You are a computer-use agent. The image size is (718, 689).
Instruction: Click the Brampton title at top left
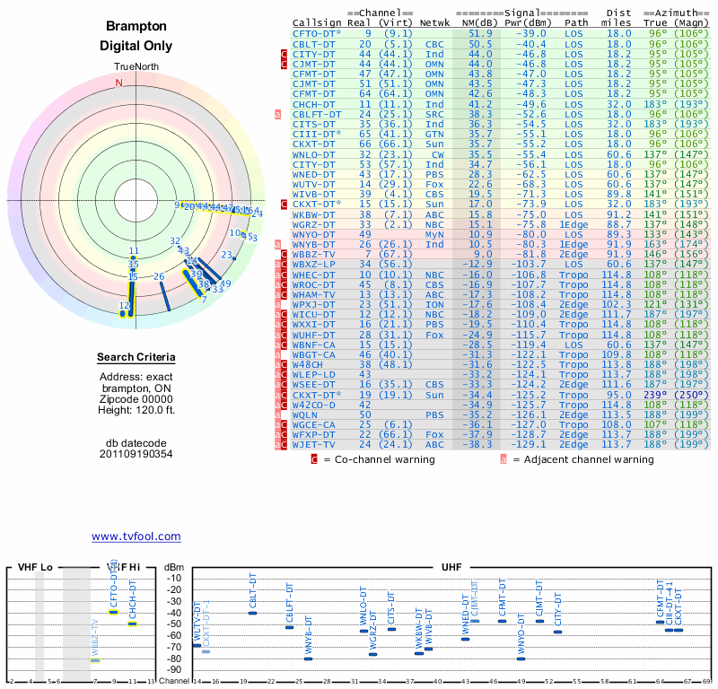(x=136, y=27)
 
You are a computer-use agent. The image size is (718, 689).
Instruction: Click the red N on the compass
(x=118, y=83)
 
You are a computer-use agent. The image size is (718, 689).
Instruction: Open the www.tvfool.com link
(x=136, y=536)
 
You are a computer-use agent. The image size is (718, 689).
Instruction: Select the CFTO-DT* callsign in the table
(x=318, y=33)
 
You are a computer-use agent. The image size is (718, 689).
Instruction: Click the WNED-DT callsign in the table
(x=313, y=174)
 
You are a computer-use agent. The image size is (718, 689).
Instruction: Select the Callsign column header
(x=317, y=22)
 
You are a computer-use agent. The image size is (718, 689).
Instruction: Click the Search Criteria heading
(x=136, y=358)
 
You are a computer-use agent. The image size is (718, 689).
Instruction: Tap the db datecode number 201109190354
(x=136, y=453)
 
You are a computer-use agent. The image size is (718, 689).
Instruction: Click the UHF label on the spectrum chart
(x=451, y=567)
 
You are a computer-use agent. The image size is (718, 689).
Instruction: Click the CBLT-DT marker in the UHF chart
(x=252, y=612)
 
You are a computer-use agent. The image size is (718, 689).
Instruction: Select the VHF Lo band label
(x=35, y=567)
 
